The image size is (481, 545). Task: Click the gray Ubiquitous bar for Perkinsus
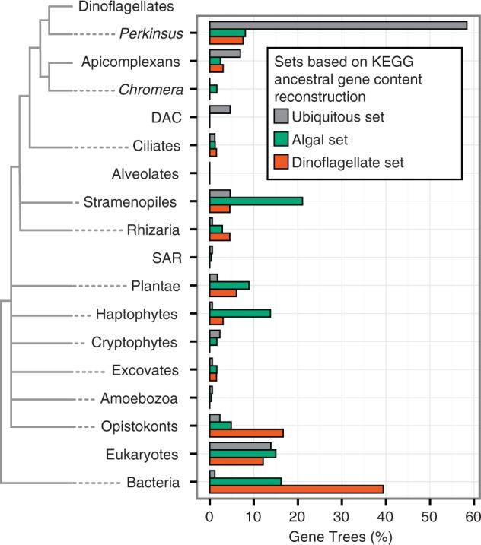tap(338, 25)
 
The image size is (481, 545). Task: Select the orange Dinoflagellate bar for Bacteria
tap(296, 489)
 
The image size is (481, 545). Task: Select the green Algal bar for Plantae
tap(229, 285)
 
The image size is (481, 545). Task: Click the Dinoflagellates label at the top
tap(126, 7)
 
